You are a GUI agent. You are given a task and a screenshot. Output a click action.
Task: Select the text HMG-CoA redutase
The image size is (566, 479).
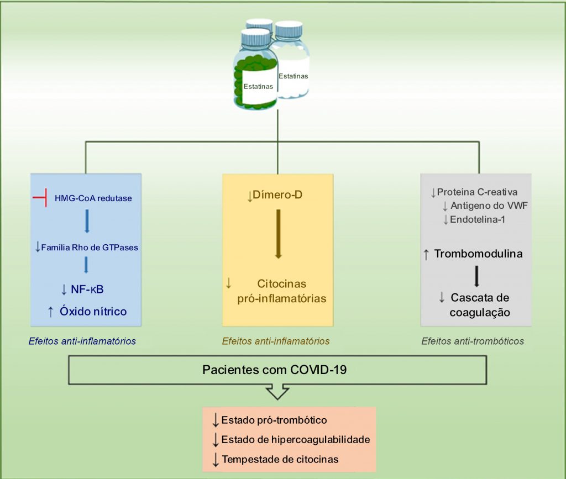click(93, 198)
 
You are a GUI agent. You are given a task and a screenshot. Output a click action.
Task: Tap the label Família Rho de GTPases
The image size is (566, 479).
click(90, 248)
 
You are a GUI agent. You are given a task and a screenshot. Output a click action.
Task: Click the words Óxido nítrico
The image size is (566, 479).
click(93, 312)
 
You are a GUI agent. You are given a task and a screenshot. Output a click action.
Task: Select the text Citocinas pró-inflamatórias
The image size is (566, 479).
click(282, 291)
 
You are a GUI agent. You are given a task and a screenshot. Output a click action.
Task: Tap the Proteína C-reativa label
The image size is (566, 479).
click(477, 192)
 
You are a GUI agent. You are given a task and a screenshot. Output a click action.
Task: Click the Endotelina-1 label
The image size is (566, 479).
click(478, 219)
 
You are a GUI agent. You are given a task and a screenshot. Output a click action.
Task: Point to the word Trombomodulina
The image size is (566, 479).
click(478, 254)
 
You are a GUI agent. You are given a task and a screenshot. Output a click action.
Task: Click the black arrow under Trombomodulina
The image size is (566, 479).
click(477, 276)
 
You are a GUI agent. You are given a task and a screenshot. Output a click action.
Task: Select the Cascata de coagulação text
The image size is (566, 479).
click(480, 305)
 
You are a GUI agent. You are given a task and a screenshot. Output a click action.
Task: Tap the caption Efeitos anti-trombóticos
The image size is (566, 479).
click(472, 341)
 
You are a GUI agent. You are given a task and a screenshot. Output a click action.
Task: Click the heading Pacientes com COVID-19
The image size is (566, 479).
click(274, 370)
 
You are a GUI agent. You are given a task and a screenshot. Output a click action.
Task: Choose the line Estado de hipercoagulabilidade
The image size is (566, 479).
click(295, 440)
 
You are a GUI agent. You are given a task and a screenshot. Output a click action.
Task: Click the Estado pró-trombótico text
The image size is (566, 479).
click(274, 420)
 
